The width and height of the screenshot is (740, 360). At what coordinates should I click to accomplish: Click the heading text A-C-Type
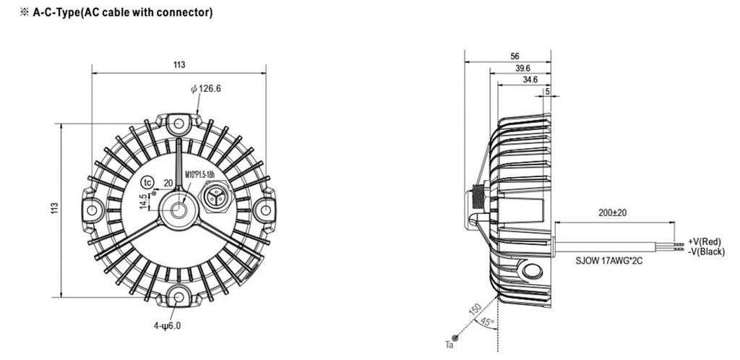56,13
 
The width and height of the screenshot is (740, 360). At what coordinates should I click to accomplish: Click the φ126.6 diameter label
206,89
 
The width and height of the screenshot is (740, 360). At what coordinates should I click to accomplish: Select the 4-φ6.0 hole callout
166,325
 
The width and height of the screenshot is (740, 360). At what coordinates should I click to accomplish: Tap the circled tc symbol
148,182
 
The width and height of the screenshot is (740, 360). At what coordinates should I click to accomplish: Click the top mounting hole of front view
178,124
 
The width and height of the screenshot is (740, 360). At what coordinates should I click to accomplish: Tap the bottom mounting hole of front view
178,297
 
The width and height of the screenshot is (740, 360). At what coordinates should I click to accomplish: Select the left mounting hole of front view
92,210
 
